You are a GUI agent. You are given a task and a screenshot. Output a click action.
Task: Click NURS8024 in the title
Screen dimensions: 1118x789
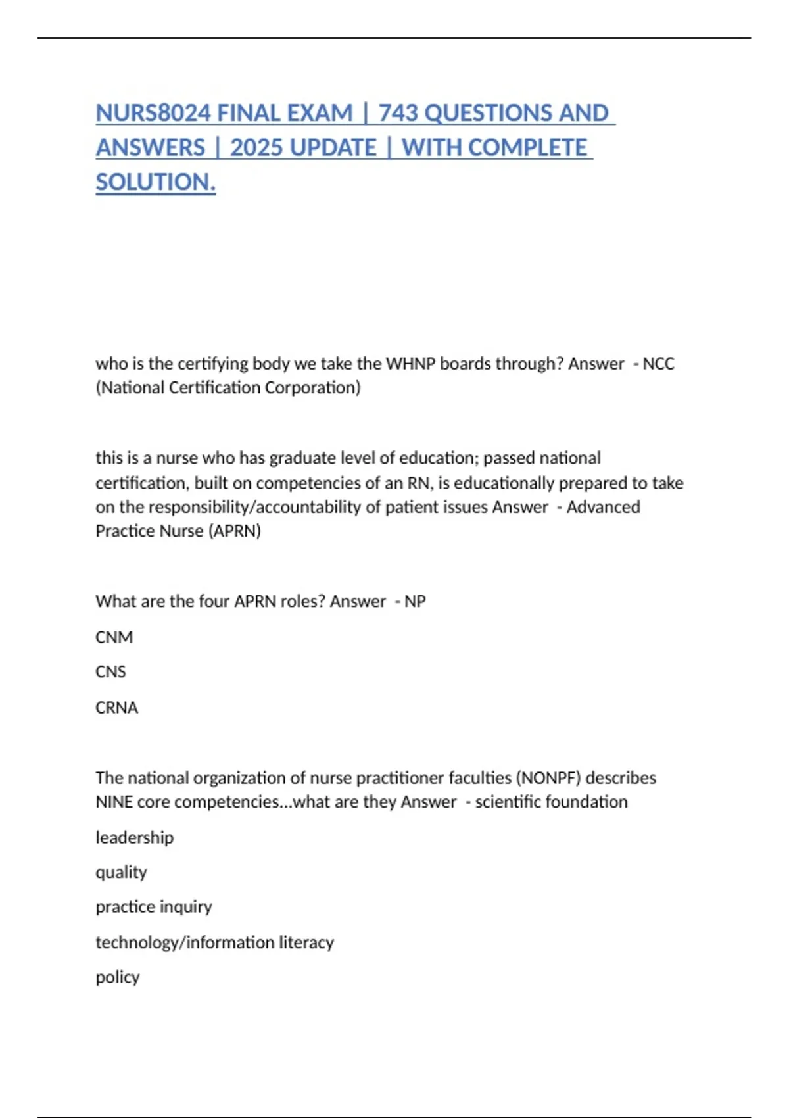153,113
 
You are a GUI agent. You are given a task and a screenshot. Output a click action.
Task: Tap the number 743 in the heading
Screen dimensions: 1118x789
398,113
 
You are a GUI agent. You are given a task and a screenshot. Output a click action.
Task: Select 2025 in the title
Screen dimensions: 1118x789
256,147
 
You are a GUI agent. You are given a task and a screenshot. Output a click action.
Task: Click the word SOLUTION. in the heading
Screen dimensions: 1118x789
156,182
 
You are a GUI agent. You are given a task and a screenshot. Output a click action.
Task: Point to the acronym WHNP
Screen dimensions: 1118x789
410,364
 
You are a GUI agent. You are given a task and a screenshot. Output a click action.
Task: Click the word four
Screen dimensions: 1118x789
214,602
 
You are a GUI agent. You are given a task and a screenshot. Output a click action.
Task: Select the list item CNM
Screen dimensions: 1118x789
114,637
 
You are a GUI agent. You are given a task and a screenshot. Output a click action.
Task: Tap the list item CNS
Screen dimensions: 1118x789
110,672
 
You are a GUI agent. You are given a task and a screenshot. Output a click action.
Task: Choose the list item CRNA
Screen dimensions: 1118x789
117,708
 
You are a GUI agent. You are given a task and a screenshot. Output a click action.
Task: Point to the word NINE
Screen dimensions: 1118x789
114,802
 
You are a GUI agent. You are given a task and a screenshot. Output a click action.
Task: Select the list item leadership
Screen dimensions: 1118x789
135,838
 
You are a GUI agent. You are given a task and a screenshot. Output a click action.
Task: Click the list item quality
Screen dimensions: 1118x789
121,873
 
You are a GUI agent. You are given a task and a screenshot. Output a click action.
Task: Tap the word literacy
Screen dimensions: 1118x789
306,943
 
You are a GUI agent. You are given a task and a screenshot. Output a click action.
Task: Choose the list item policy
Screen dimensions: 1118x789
118,978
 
